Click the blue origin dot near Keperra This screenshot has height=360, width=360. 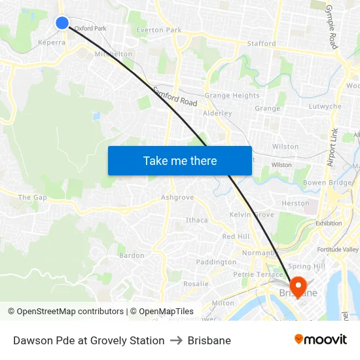[x=62, y=23]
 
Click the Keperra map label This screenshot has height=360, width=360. [x=52, y=42]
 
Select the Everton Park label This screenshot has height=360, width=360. [x=159, y=30]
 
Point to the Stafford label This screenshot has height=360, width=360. [x=261, y=43]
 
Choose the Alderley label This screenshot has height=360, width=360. [x=217, y=113]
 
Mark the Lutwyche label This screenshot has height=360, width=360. [x=325, y=106]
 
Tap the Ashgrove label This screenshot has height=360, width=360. [x=177, y=197]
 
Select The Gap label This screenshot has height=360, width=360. [x=33, y=197]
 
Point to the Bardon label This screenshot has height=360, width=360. [x=132, y=255]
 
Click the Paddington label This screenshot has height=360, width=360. [x=216, y=262]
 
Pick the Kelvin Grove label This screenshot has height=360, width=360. [x=251, y=215]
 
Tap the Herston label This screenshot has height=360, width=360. [x=295, y=204]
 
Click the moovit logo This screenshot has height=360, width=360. [x=320, y=340]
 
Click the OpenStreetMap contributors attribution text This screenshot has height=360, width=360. [x=70, y=312]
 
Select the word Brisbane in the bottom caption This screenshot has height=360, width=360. [x=209, y=340]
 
